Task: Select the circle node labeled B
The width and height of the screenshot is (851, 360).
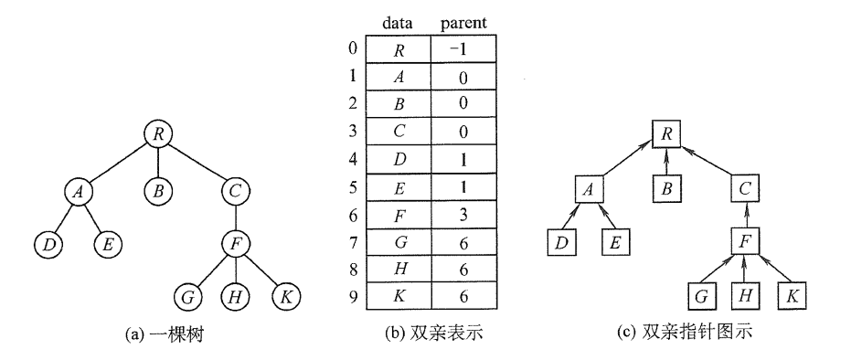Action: coord(159,191)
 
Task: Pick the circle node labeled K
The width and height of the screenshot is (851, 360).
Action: coord(286,296)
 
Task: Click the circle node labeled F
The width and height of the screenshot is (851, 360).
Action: coord(237,245)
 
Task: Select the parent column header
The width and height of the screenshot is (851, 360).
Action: coord(463,17)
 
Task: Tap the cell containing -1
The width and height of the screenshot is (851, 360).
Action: coord(463,48)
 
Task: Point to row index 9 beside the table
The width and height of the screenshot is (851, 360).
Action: coord(354,294)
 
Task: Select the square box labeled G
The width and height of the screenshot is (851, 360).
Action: coord(700,296)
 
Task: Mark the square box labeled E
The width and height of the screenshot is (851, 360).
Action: coord(616,243)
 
